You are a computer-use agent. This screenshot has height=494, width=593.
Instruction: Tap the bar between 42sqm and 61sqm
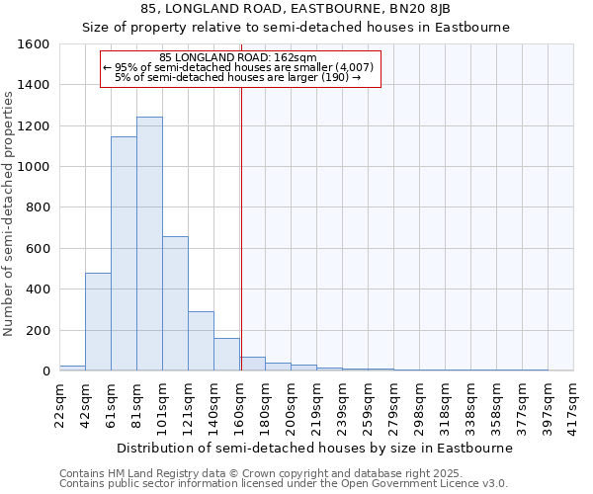coord(98,322)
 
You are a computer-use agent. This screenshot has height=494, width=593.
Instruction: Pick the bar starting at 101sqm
coord(175,303)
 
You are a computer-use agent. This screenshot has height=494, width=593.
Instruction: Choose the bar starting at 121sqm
coord(201,341)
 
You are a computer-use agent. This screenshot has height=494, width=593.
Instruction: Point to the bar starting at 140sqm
coord(226,355)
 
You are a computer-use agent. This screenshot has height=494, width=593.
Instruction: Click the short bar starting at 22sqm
coord(72,368)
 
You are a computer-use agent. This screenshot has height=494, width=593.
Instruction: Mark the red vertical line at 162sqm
coord(241,227)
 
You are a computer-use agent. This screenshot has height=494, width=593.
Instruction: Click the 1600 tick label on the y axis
coord(34,44)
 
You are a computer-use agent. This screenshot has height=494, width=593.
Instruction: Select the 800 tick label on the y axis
coord(38,207)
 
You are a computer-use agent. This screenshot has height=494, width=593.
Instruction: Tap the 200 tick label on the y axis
coord(38,330)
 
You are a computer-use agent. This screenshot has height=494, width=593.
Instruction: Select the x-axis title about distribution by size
coord(314,448)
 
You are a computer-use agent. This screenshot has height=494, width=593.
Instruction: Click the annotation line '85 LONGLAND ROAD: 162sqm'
coord(237,58)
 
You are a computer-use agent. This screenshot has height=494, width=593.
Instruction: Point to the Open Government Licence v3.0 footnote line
coord(284,484)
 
